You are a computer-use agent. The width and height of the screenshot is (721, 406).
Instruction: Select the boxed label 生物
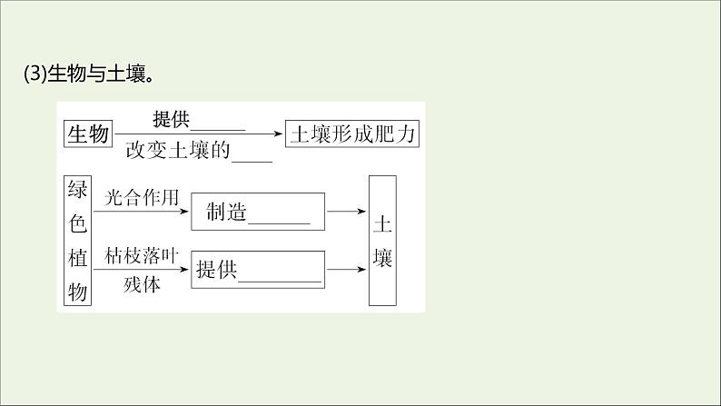tap(87, 134)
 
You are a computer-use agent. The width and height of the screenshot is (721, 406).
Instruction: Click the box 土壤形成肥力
tap(351, 134)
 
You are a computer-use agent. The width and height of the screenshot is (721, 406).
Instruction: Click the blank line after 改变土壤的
tap(252, 156)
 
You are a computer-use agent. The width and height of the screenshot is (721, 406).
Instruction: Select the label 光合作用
tap(138, 197)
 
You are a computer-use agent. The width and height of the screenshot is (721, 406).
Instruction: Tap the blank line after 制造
tap(279, 219)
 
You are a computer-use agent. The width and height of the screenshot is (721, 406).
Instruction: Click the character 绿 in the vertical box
tap(78, 193)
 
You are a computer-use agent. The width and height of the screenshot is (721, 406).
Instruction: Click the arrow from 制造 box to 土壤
tap(346, 213)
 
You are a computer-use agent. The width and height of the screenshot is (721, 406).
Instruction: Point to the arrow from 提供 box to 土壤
tap(346, 269)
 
